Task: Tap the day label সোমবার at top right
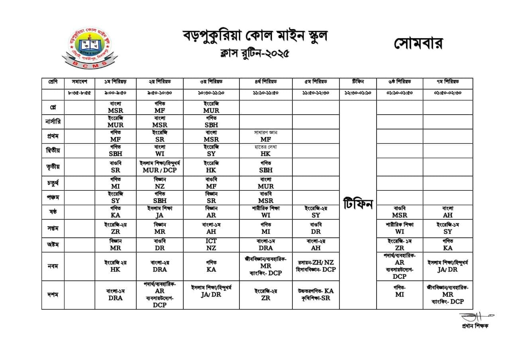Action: click(418, 43)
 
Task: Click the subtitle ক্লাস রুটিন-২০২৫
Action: click(255, 53)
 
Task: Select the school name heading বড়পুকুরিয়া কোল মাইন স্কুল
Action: click(255, 36)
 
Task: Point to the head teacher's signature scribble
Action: click(477, 317)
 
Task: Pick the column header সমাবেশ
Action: click(79, 82)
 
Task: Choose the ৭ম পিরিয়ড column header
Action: click(447, 82)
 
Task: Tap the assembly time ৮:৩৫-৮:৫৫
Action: click(79, 93)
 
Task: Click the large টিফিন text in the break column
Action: click(357, 204)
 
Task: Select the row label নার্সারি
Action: click(53, 121)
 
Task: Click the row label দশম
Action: click(53, 295)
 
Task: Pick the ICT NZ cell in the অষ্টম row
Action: click(211, 245)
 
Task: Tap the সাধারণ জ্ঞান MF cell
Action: click(265, 136)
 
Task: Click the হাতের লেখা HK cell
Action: click(265, 150)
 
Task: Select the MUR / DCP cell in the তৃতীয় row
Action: click(159, 166)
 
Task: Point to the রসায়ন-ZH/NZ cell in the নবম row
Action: click(316, 266)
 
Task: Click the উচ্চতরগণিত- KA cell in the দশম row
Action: click(316, 294)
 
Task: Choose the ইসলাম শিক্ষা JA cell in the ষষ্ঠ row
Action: click(159, 211)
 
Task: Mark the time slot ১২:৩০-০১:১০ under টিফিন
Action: click(357, 93)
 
